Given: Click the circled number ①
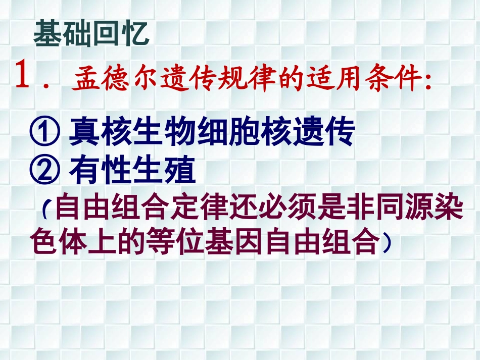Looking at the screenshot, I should tap(45, 132).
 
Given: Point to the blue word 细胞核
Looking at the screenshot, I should tap(243, 132).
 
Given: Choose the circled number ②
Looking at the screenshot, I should tap(45, 172).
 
